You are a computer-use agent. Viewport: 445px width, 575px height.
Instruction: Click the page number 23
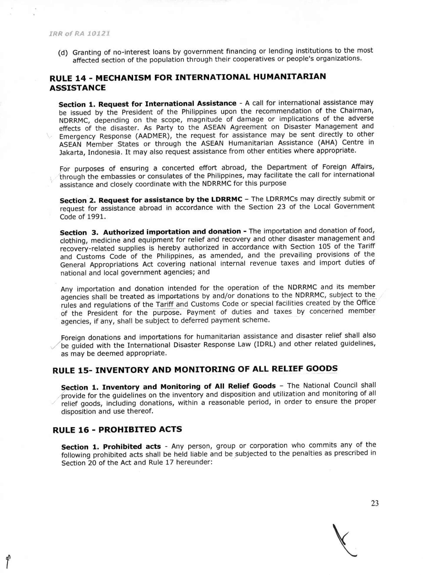[375, 503]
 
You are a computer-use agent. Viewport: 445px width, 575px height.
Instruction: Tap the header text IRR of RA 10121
[79, 34]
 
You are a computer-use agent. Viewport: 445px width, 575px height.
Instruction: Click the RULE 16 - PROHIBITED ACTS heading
[117, 430]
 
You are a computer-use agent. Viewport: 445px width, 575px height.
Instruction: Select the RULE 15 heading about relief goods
[195, 370]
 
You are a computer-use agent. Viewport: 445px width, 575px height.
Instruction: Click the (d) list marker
[63, 53]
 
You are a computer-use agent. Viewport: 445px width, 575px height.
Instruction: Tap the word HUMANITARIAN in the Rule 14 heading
[289, 77]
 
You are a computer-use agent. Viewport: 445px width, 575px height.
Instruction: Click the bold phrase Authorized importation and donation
[172, 232]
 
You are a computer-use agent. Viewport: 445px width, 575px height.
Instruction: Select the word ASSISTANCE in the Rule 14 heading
[78, 88]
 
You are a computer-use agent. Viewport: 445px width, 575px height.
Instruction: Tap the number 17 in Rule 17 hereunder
[170, 463]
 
